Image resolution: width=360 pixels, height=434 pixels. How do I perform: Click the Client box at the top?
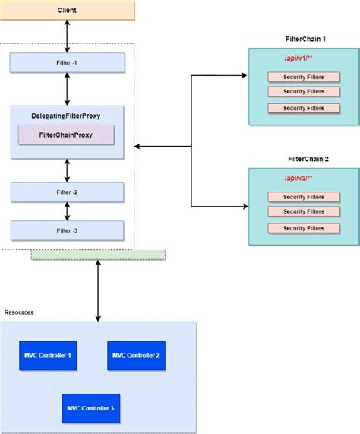68,11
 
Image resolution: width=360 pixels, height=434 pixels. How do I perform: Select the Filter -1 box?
68,62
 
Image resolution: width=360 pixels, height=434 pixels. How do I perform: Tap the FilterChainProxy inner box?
66,135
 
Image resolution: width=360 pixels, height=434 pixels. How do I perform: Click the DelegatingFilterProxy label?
67,116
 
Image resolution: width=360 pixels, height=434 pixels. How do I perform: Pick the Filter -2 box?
68,192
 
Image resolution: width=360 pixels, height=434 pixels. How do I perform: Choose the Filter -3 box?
68,230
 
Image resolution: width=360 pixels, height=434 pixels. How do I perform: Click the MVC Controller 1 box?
49,355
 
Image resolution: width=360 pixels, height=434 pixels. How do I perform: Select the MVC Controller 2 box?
136,355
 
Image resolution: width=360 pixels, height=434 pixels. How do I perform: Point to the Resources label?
19,312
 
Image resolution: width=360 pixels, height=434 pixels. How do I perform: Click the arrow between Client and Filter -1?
68,36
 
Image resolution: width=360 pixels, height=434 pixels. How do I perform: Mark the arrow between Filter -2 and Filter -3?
68,211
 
